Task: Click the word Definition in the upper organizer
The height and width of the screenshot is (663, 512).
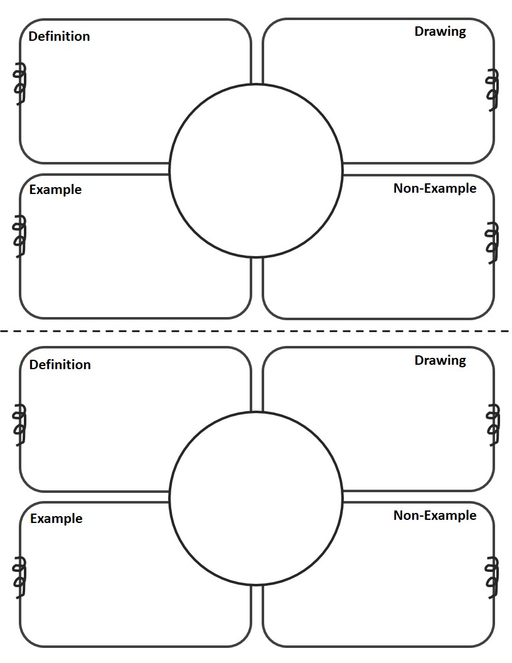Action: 59,36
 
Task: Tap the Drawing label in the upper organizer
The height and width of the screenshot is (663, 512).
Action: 440,32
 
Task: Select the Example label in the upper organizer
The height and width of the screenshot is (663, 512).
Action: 55,190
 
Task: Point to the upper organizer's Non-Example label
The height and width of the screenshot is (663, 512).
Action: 435,188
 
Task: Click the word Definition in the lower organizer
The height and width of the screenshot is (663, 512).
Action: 60,365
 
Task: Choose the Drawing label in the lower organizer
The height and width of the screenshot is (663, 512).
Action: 440,360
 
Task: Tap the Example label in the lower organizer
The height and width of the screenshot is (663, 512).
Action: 56,519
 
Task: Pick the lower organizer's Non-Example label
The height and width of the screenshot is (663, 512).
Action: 435,515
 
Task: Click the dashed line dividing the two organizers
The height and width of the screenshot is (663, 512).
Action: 255,331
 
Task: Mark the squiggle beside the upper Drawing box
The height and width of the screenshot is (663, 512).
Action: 493,90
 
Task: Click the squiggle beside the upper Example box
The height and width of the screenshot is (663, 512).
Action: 19,236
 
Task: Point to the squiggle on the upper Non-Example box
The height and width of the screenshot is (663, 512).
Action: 492,243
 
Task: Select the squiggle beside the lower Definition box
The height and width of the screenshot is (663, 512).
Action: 19,424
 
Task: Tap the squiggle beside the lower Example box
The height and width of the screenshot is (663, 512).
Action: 19,578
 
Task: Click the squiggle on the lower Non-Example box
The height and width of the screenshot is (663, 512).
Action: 493,578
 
